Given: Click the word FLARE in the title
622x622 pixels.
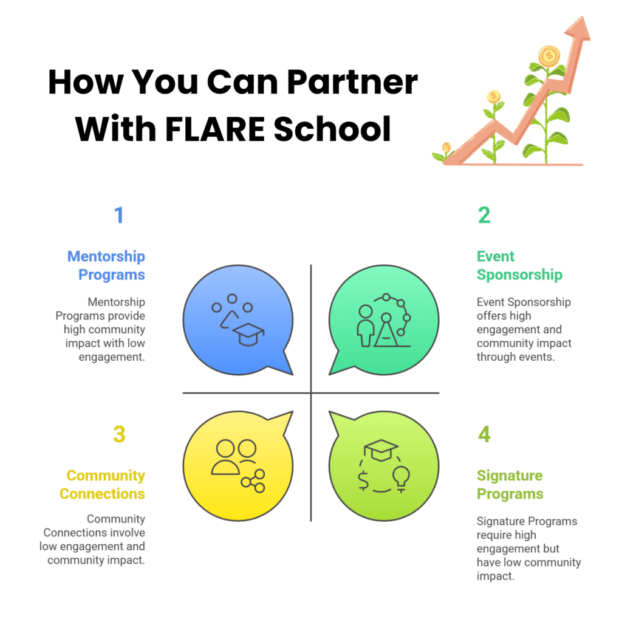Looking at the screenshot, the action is tap(214, 129).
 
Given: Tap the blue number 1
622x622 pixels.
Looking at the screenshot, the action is tap(118, 215).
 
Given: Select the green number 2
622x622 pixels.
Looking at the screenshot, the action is tap(484, 215).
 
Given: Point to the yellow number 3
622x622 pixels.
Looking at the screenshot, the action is tap(119, 434).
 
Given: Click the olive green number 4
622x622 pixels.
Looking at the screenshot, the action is tap(484, 434).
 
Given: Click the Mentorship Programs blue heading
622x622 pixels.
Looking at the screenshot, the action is tap(106, 265).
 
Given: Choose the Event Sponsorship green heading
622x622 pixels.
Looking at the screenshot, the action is tap(520, 265).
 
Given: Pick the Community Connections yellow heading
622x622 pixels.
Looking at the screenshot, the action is tap(102, 484).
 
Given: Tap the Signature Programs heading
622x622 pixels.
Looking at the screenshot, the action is tap(510, 484).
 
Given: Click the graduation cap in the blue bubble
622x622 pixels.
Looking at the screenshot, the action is tap(248, 334).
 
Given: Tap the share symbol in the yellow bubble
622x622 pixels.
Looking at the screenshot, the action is tap(253, 481).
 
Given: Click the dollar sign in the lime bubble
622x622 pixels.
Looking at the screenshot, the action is tap(363, 480).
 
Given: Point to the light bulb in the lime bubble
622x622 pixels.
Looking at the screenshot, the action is tap(401, 479).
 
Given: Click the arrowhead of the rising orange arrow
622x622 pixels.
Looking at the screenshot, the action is tap(578, 29).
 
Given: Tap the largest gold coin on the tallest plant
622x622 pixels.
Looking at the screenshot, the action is tap(549, 55).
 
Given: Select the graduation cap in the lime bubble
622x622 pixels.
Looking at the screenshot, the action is tap(381, 450).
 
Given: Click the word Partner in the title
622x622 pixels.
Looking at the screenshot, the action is tap(352, 82).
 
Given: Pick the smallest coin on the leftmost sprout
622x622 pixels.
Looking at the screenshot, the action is tap(446, 147).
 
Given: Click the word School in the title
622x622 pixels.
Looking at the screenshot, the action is tap(332, 129).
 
